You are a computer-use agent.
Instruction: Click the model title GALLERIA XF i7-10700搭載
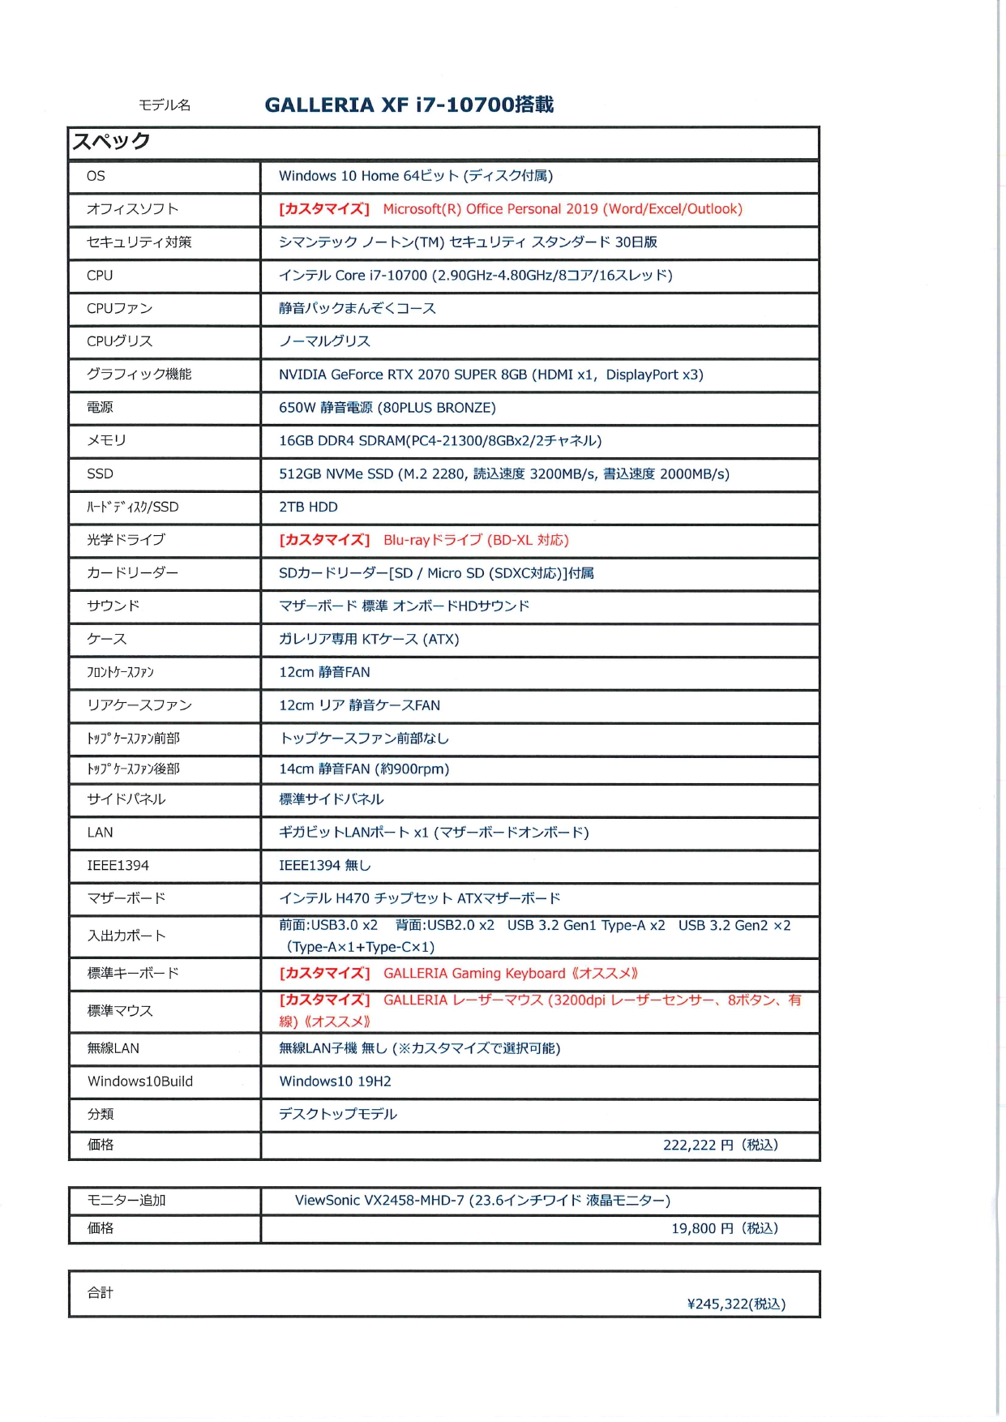pyautogui.click(x=409, y=105)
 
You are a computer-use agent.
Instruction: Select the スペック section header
pyautogui.click(x=112, y=142)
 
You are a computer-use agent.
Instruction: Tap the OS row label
pyautogui.click(x=96, y=176)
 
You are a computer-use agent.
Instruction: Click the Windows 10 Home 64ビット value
pyautogui.click(x=415, y=176)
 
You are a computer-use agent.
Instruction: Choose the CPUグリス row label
pyautogui.click(x=119, y=341)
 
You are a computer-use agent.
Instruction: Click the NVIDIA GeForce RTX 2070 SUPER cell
pyautogui.click(x=490, y=375)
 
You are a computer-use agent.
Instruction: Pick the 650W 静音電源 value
pyautogui.click(x=387, y=408)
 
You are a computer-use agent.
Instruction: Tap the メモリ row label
pyautogui.click(x=106, y=441)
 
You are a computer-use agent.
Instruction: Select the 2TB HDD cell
pyautogui.click(x=308, y=508)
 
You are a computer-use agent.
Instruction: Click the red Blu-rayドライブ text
pyautogui.click(x=476, y=541)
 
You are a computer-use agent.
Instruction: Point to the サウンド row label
pyautogui.click(x=113, y=606)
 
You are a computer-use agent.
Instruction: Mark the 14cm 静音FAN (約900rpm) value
pyautogui.click(x=363, y=769)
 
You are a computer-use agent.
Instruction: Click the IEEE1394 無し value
pyautogui.click(x=324, y=866)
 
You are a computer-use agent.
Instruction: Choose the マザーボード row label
pyautogui.click(x=126, y=898)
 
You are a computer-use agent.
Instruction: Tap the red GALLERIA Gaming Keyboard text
pyautogui.click(x=511, y=974)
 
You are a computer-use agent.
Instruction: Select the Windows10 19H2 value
pyautogui.click(x=335, y=1081)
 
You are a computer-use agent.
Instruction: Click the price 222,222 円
pyautogui.click(x=720, y=1145)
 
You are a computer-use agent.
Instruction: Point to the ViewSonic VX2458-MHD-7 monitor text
pyautogui.click(x=482, y=1201)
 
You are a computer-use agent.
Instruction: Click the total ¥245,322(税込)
pyautogui.click(x=736, y=1304)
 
